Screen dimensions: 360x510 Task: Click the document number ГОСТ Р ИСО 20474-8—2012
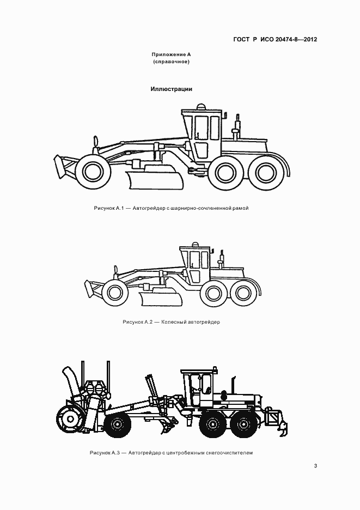point(275,40)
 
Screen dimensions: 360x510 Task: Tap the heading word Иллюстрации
point(172,89)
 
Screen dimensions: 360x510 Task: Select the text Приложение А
point(171,54)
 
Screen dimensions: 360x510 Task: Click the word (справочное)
point(171,62)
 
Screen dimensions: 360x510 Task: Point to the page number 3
point(315,466)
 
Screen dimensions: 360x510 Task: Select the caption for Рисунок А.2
point(171,322)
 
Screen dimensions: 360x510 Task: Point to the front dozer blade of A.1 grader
point(60,167)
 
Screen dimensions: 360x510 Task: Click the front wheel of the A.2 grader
point(114,293)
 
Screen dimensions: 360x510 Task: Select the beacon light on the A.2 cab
point(195,244)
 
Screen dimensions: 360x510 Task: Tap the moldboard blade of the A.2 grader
point(161,299)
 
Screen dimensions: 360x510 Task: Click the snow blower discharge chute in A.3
point(71,382)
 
